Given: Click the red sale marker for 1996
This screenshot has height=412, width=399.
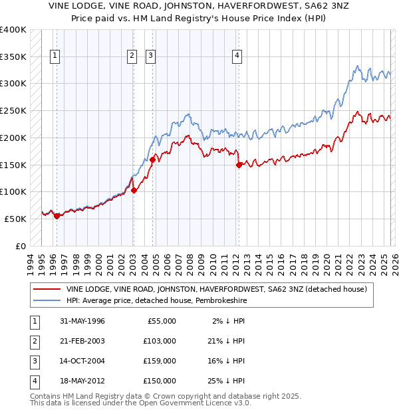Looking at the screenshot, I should point(57,215).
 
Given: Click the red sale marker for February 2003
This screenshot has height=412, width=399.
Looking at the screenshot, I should point(134,190).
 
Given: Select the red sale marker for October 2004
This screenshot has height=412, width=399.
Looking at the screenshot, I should point(153,159).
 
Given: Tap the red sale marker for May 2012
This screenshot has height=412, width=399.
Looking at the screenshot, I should point(239,165).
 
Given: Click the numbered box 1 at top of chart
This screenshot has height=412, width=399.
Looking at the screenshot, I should point(55,56).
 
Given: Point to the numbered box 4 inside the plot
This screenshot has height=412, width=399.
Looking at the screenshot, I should point(237,56).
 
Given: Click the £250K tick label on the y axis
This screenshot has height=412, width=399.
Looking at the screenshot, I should point(13,110).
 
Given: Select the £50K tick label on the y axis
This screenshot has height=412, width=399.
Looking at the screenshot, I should point(15,219).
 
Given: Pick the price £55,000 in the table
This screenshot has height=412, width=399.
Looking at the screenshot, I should point(161,320).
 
